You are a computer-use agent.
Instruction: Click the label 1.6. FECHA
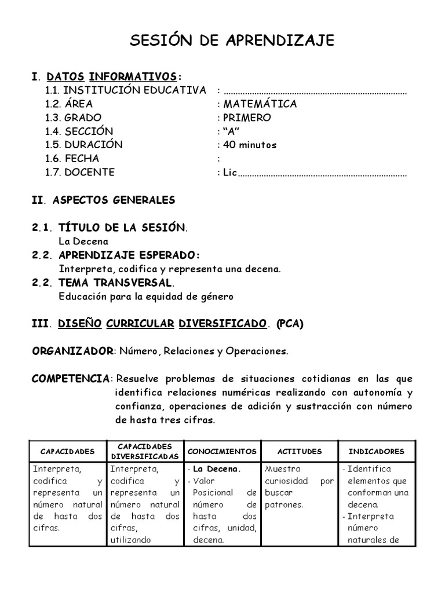click(x=72, y=158)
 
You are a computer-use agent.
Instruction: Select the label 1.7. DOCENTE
click(x=80, y=172)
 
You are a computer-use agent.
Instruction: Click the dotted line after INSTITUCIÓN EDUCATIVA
click(x=315, y=91)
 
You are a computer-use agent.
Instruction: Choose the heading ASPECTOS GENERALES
click(x=114, y=200)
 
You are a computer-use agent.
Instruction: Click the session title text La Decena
click(x=83, y=241)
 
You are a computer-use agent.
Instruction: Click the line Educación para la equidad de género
click(x=146, y=296)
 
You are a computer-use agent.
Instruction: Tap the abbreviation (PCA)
click(x=290, y=324)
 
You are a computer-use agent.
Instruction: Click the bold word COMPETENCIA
click(x=70, y=379)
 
